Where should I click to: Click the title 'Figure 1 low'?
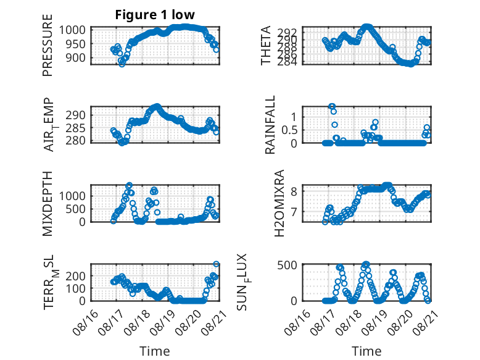[155, 15]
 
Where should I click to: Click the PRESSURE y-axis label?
[48, 45]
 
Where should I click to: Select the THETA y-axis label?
[266, 45]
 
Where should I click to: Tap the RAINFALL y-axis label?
[270, 124]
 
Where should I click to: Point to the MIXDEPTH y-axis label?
[48, 203]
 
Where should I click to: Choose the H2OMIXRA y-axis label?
[279, 203]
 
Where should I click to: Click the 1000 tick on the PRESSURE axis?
[72, 30]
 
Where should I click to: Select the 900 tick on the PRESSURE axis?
[75, 57]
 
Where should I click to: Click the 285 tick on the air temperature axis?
[75, 128]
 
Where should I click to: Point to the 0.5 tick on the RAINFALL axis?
[289, 130]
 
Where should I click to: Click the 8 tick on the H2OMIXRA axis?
[294, 191]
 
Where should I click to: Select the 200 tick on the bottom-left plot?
[75, 275]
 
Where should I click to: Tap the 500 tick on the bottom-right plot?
[288, 265]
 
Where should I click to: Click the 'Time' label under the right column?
[366, 351]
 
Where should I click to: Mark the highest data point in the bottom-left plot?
[216, 264]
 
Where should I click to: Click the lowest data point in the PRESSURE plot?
[122, 64]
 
